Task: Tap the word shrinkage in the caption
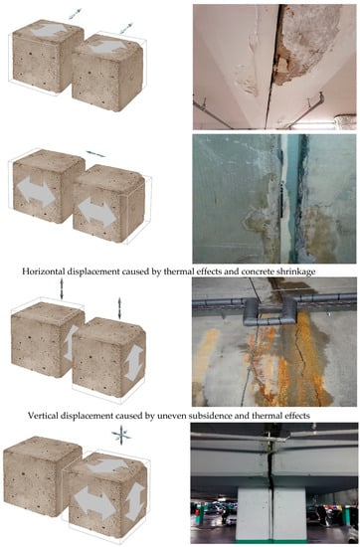(x=297, y=272)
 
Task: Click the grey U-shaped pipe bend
(x=270, y=311)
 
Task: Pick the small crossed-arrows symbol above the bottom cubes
(x=121, y=435)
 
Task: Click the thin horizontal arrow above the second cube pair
(x=95, y=154)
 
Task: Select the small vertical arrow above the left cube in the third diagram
(x=62, y=288)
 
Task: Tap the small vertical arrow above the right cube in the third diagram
(x=119, y=308)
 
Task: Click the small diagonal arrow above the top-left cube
(x=75, y=14)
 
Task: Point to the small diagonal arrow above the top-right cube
(x=126, y=28)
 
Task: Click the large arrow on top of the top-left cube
(x=49, y=31)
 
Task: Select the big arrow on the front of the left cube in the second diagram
(x=36, y=192)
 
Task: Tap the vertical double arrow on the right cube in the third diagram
(x=134, y=362)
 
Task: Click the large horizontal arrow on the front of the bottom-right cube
(x=94, y=501)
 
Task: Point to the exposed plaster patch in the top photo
(x=306, y=41)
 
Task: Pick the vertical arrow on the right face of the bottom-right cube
(x=135, y=500)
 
